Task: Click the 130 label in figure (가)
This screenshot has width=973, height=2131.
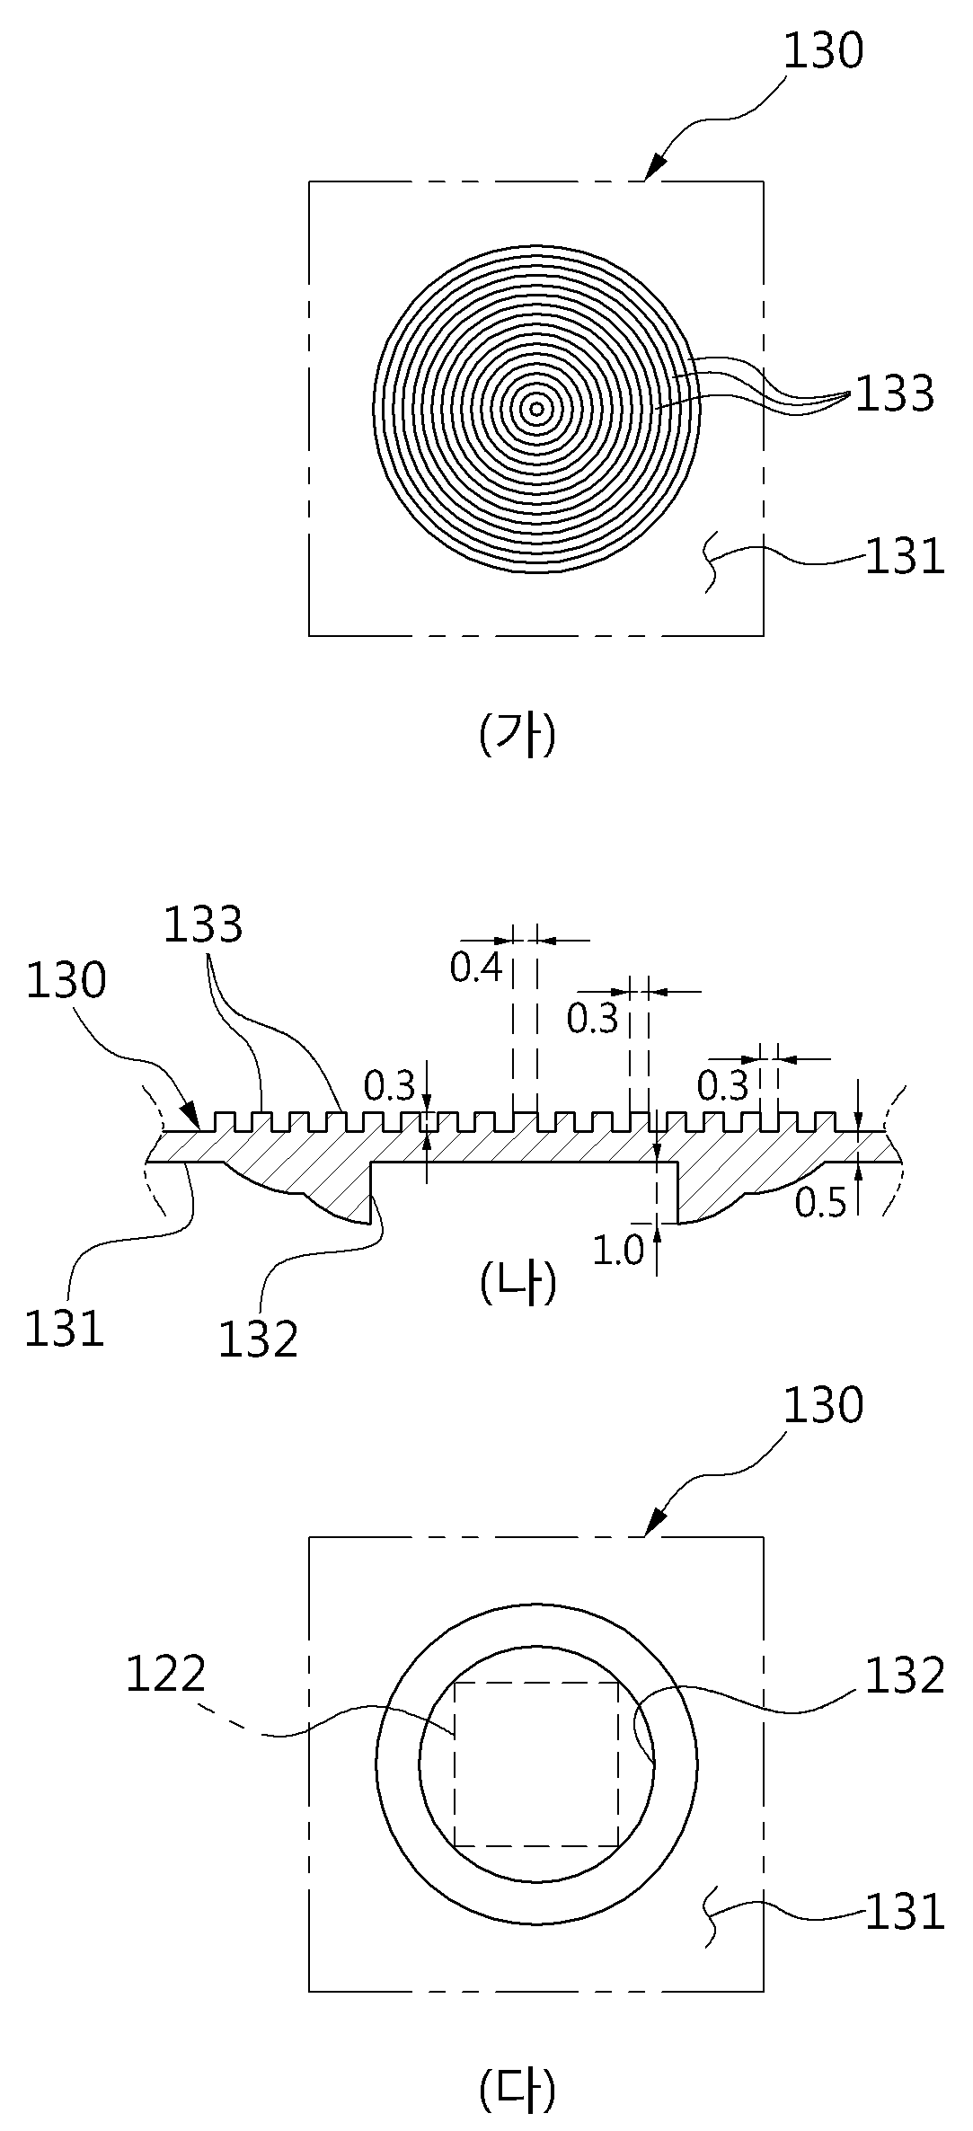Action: (823, 51)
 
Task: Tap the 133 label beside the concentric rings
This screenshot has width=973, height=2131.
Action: (894, 393)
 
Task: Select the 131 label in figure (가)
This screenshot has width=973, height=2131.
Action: (905, 557)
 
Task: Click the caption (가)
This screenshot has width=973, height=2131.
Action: (518, 735)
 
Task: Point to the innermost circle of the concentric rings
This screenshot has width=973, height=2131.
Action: (536, 410)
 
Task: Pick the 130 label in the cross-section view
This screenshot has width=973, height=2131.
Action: (66, 981)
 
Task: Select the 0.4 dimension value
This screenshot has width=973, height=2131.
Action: (475, 968)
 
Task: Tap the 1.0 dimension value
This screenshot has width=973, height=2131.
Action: (618, 1251)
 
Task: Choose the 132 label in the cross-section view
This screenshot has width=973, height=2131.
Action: (258, 1340)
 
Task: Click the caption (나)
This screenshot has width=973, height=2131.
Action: (518, 1283)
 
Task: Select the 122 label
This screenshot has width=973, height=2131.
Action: (166, 1674)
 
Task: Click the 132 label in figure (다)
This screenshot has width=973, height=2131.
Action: (905, 1676)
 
